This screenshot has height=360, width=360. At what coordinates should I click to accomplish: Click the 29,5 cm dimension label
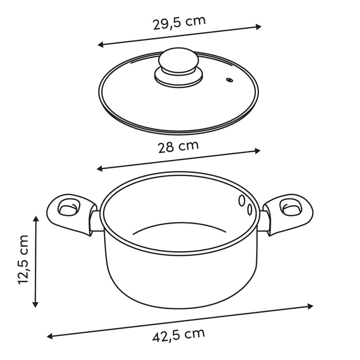pyautogui.click(x=179, y=23)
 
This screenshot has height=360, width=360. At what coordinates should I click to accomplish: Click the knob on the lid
pyautogui.click(x=178, y=60)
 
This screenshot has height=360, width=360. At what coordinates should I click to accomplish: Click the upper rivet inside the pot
pyautogui.click(x=242, y=200)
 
